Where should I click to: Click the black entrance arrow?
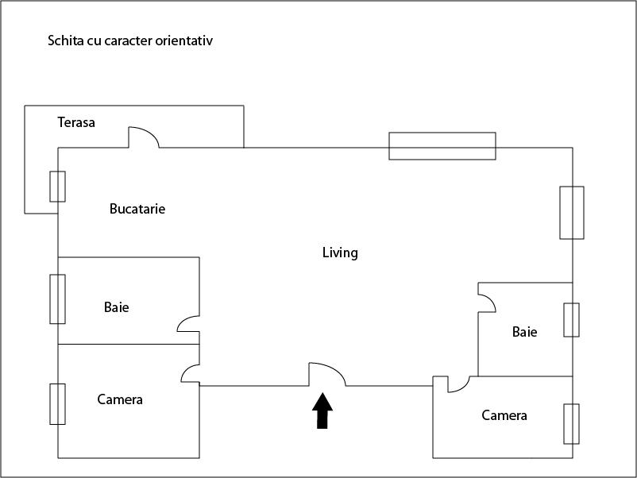click(x=322, y=411)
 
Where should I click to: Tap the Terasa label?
click(x=76, y=122)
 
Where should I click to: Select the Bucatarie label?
click(x=137, y=209)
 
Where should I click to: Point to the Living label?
click(x=340, y=252)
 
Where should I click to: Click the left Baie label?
click(x=116, y=307)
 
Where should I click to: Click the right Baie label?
click(x=524, y=332)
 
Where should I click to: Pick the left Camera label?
click(x=120, y=399)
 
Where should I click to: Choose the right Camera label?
click(x=504, y=415)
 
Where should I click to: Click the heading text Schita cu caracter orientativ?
click(x=130, y=40)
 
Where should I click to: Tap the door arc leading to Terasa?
click(x=144, y=137)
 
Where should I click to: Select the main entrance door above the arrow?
click(x=326, y=374)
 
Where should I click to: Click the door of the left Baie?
click(x=188, y=322)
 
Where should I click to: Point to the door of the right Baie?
click(x=487, y=300)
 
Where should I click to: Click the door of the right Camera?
click(x=457, y=384)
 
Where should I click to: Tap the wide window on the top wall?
click(x=442, y=146)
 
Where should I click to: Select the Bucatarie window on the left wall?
click(x=57, y=186)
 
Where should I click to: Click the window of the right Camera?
click(x=571, y=423)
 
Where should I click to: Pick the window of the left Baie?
click(x=57, y=299)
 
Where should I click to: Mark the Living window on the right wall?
click(x=572, y=212)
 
